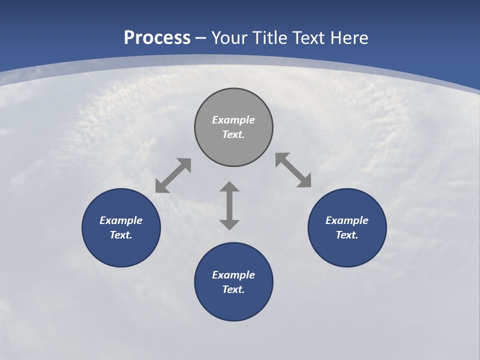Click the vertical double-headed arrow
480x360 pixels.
pyautogui.click(x=229, y=205)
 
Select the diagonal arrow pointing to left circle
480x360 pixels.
pyautogui.click(x=173, y=175)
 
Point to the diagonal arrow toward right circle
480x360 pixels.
pyautogui.click(x=293, y=170)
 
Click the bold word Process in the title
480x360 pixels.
pyautogui.click(x=157, y=38)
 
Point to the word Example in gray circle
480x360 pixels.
pyautogui.click(x=233, y=120)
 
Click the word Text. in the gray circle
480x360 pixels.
pyautogui.click(x=233, y=134)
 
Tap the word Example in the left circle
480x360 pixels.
pyautogui.click(x=121, y=220)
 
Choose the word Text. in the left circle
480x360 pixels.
pyautogui.click(x=121, y=235)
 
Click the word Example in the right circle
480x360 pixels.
pyautogui.click(x=347, y=220)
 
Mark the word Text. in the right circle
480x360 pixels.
pyautogui.click(x=347, y=235)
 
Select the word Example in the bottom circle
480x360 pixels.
pyautogui.click(x=233, y=275)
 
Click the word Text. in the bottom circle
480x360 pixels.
pyautogui.click(x=233, y=289)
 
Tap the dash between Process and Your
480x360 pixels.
pyautogui.click(x=201, y=38)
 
